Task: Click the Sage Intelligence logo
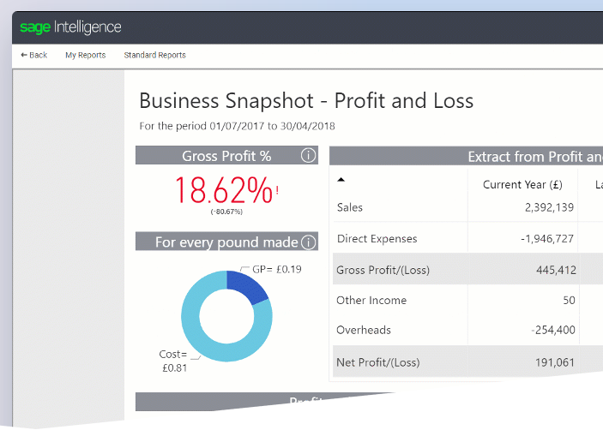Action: click(x=70, y=27)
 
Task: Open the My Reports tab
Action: click(x=85, y=55)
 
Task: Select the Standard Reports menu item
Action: click(x=154, y=55)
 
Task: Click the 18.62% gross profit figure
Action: click(x=224, y=188)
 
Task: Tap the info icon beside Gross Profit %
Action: click(x=308, y=156)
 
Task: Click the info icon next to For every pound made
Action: click(x=308, y=242)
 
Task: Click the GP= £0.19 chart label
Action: click(x=276, y=270)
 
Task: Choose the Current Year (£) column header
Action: click(x=522, y=184)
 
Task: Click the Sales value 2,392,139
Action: click(x=549, y=207)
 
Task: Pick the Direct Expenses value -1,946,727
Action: click(x=546, y=239)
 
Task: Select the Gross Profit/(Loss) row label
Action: click(x=383, y=271)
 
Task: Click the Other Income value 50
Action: click(x=569, y=301)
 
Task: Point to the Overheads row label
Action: click(x=364, y=330)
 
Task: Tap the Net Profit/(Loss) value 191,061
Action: click(x=552, y=362)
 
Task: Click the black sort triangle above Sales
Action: click(x=341, y=180)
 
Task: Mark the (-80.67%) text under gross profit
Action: click(x=226, y=212)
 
